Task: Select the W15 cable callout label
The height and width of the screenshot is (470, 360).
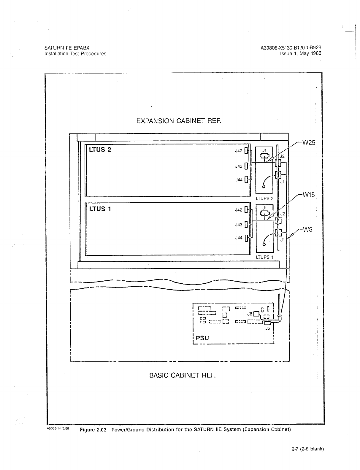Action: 308,195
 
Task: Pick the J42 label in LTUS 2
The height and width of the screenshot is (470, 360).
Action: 239,151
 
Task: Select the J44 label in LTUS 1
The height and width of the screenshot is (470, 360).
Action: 239,238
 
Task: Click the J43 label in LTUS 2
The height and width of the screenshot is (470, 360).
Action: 239,166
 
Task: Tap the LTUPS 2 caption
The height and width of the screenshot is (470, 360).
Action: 264,199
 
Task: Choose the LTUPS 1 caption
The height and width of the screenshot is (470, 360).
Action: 264,257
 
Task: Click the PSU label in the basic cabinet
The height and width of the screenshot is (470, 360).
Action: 202,338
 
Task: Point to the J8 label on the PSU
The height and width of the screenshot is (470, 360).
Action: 250,314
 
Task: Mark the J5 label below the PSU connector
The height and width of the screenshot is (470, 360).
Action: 267,328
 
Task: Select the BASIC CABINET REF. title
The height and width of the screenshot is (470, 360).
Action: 182,375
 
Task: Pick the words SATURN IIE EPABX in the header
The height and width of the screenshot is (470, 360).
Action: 67,48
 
